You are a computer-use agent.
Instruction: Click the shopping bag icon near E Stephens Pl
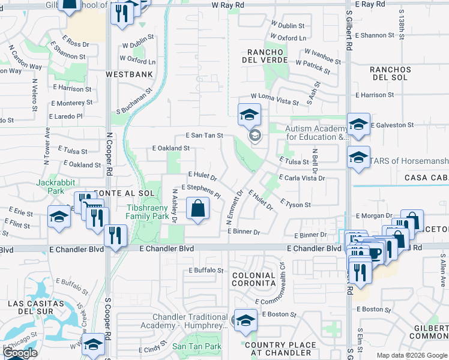[x=197, y=209]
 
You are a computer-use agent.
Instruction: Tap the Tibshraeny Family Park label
[x=148, y=212]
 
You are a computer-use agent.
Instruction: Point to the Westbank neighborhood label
[x=129, y=74]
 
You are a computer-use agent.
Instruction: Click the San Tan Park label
[x=197, y=346]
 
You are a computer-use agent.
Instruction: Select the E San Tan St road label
[x=204, y=136]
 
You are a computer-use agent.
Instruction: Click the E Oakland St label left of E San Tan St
[x=171, y=148]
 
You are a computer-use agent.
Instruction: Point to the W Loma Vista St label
[x=275, y=98]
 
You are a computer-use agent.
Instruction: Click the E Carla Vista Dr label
[x=302, y=178]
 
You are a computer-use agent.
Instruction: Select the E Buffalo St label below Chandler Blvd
[x=206, y=271]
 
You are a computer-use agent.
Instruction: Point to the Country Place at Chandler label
[x=280, y=349]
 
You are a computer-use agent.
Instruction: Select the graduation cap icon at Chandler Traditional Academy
[x=246, y=321]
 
